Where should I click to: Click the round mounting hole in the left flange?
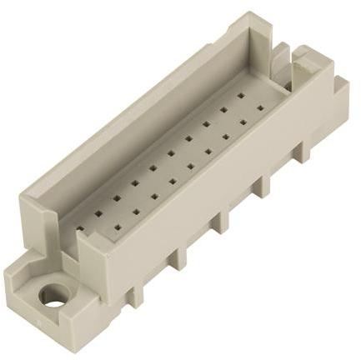pyautogui.click(x=55, y=296)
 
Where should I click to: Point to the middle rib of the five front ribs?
pyautogui.click(x=221, y=221)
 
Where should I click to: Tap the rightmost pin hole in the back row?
pyautogui.click(x=242, y=96)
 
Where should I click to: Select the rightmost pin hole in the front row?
pyautogui.click(x=259, y=107)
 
